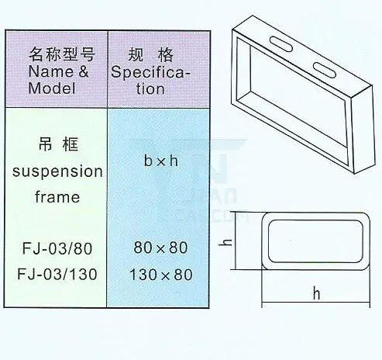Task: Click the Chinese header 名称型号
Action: [62, 54]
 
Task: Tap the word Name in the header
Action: [51, 71]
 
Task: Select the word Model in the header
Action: [52, 88]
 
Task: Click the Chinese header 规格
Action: [151, 55]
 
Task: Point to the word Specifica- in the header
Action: [150, 72]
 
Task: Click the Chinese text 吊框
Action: [58, 144]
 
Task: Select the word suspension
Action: [57, 171]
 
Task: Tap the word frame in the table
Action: [57, 196]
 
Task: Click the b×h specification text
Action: [161, 161]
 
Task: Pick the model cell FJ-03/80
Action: [57, 248]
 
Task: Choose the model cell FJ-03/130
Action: [57, 274]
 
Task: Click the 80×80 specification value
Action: [160, 247]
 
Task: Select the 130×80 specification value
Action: [161, 275]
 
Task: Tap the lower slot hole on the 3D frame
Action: [325, 70]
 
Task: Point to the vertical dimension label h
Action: [229, 242]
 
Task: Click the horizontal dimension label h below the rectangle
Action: [316, 293]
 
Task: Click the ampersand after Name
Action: [83, 71]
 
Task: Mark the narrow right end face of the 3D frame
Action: [363, 130]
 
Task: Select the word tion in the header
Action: [150, 88]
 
